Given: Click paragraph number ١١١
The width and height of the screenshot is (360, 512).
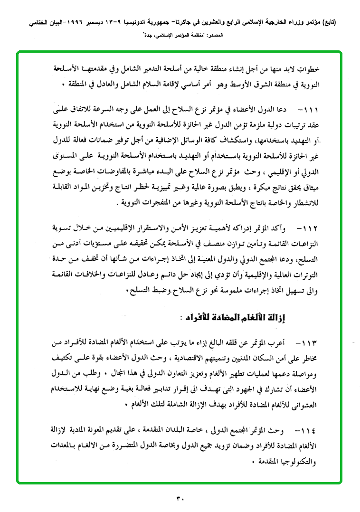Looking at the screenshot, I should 309,111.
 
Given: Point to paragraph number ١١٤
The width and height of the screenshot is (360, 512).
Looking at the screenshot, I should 309,431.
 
